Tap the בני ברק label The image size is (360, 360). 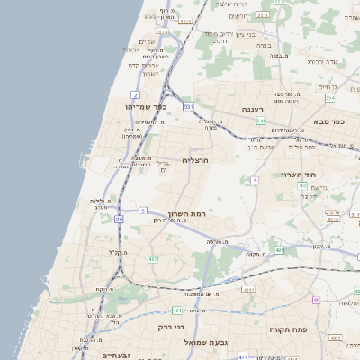170,328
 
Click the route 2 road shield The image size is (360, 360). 135,94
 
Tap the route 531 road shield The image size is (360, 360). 188,106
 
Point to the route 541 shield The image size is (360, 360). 247,121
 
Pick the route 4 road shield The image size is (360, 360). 255,180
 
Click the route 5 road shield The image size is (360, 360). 142,211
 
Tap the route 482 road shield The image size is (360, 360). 152,259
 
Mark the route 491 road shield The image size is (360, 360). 279,251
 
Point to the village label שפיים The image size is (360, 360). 148,41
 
